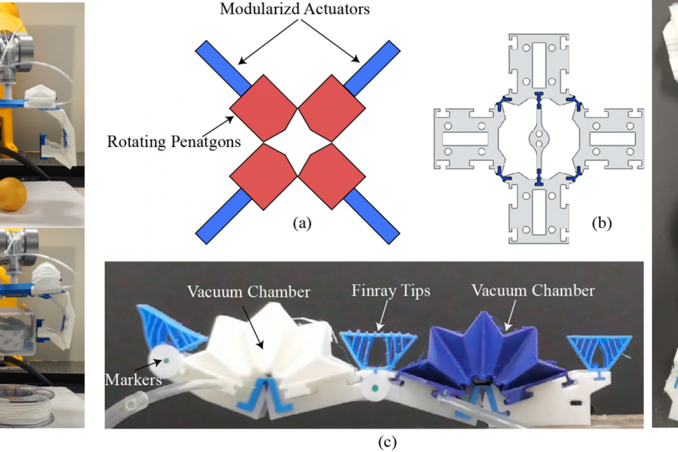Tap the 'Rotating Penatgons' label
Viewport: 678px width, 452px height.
pyautogui.click(x=174, y=141)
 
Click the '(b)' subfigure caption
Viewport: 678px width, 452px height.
pyautogui.click(x=601, y=223)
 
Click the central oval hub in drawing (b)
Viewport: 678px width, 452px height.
pyautogui.click(x=538, y=139)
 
